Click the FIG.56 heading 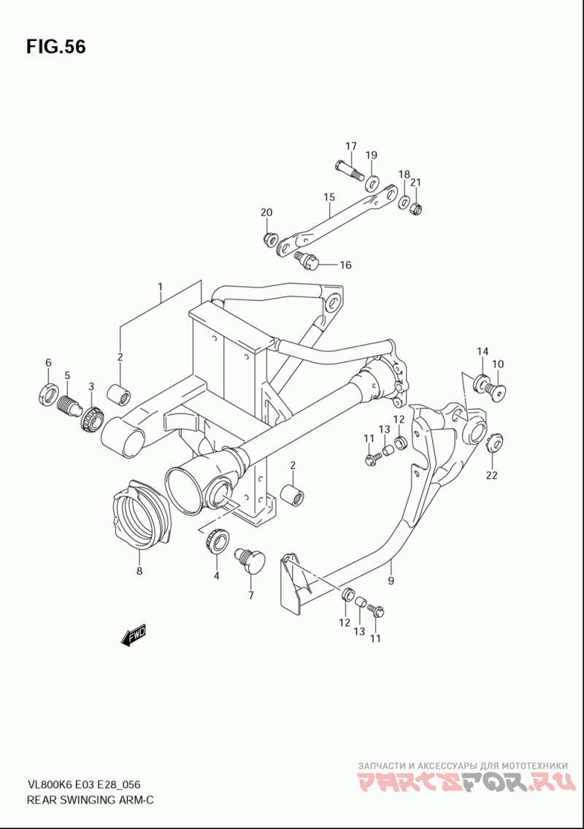55,47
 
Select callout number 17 351,146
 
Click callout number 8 139,571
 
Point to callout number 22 491,475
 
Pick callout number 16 345,265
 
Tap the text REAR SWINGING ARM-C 90,799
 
